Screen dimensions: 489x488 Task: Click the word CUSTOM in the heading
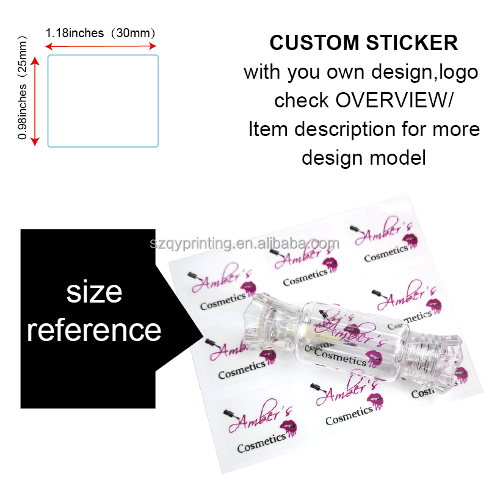[314, 43]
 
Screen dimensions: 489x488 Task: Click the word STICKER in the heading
[412, 43]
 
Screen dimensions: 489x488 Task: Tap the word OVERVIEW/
[394, 100]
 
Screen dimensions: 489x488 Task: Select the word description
[345, 129]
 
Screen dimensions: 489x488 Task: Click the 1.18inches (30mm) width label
[100, 33]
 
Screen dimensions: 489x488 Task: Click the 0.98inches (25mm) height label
[23, 88]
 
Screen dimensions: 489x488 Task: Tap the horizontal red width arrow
[100, 46]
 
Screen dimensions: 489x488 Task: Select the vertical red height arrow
[35, 101]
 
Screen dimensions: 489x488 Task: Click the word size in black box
[94, 292]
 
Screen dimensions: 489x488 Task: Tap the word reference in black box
[94, 331]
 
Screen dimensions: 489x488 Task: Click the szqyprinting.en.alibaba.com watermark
[244, 243]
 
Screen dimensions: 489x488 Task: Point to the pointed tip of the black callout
[203, 337]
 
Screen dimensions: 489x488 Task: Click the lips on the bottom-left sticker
[288, 429]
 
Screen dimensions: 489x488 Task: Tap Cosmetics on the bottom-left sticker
[261, 443]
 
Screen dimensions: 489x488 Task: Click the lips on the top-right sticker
[410, 240]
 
